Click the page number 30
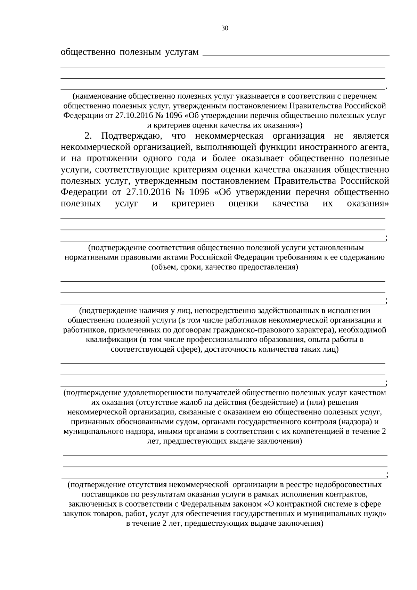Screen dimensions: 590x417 click(x=225, y=28)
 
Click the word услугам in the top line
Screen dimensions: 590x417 click(x=182, y=52)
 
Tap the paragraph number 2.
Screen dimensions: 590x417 click(x=88, y=136)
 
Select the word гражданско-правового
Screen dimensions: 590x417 click(x=260, y=330)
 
